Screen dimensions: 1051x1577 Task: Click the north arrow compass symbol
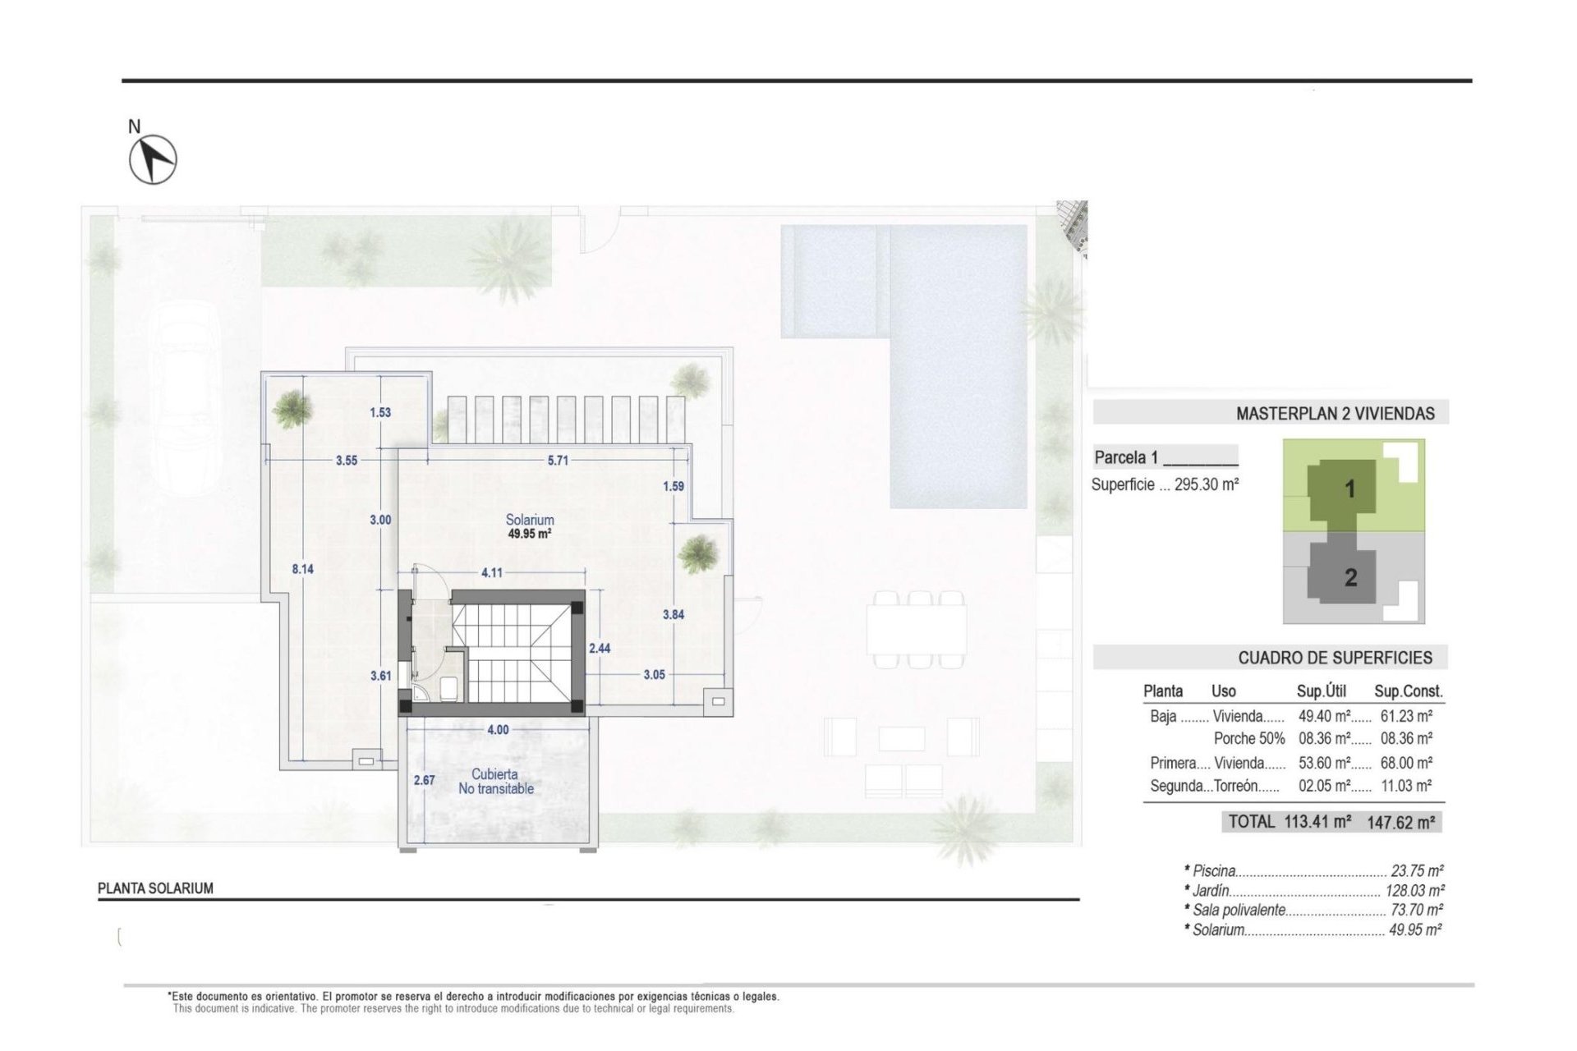coord(153,158)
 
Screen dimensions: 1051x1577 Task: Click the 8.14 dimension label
coord(302,568)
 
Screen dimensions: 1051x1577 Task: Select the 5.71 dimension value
coord(558,461)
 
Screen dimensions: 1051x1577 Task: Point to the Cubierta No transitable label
coord(495,781)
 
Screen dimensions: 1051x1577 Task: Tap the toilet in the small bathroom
coord(448,688)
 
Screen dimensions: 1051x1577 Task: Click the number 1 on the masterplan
coord(1349,489)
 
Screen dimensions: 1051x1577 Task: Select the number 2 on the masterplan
coord(1350,578)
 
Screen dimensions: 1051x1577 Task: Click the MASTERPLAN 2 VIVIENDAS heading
coord(1335,414)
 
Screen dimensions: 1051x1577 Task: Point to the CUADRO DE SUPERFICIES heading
coord(1335,658)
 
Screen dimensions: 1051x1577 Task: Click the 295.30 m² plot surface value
coord(1206,485)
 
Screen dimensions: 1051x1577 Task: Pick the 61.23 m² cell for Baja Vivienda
coord(1406,717)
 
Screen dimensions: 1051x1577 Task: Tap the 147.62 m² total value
coord(1400,822)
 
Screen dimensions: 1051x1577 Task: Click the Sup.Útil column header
coord(1321,691)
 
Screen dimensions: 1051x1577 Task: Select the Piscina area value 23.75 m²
coord(1417,871)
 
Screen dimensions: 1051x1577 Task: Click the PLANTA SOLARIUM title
coord(155,888)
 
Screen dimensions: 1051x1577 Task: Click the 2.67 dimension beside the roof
coord(424,780)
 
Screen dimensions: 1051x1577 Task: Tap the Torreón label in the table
coord(1246,786)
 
